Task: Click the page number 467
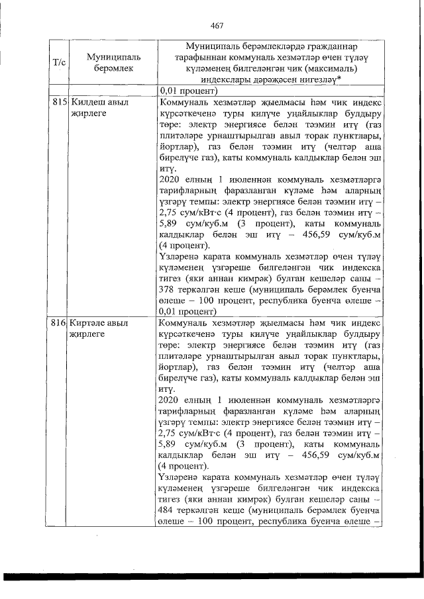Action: click(216, 26)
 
